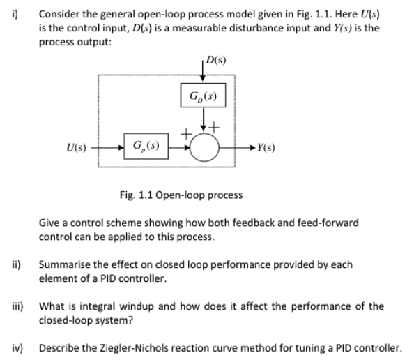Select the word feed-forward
click(330, 223)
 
